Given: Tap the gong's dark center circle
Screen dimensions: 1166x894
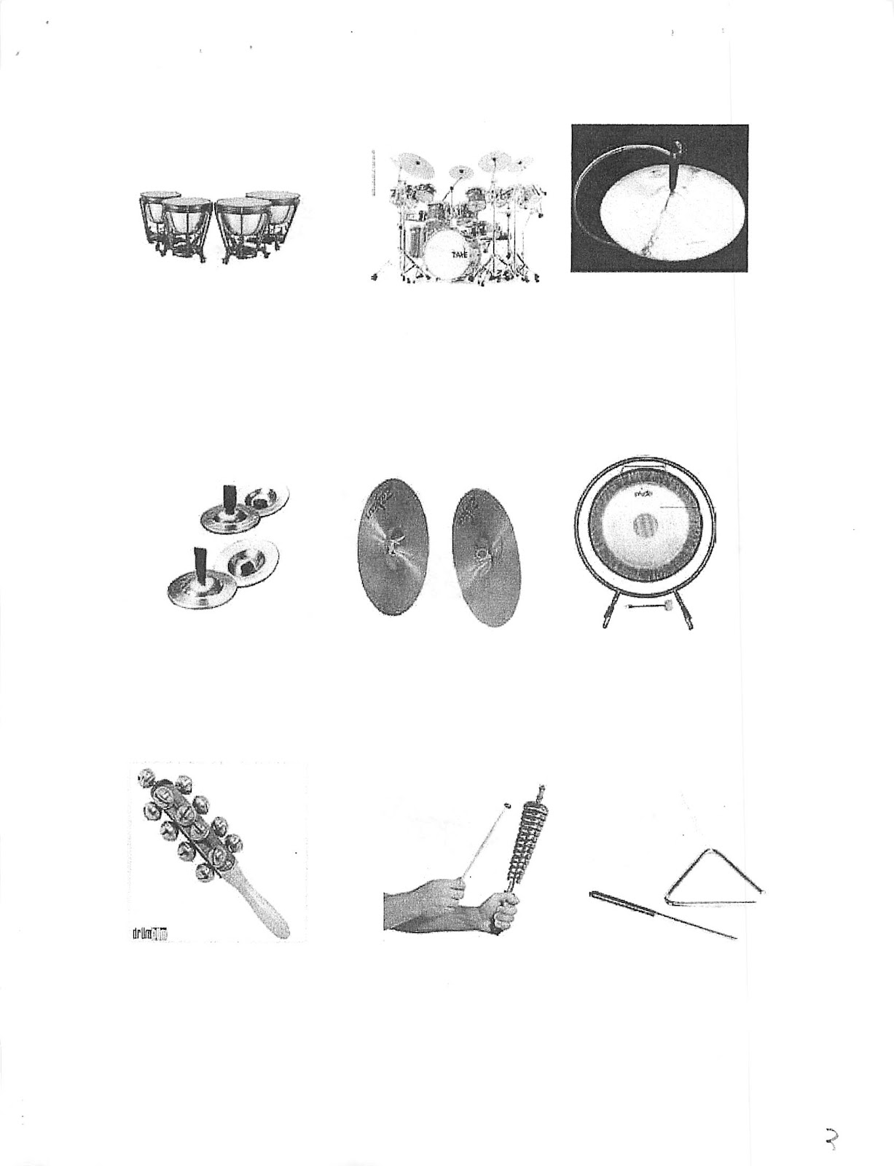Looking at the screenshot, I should click(645, 524).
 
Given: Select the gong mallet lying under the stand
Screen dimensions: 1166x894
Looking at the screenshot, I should click(642, 605).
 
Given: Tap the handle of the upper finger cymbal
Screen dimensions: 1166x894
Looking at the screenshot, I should click(229, 495).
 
